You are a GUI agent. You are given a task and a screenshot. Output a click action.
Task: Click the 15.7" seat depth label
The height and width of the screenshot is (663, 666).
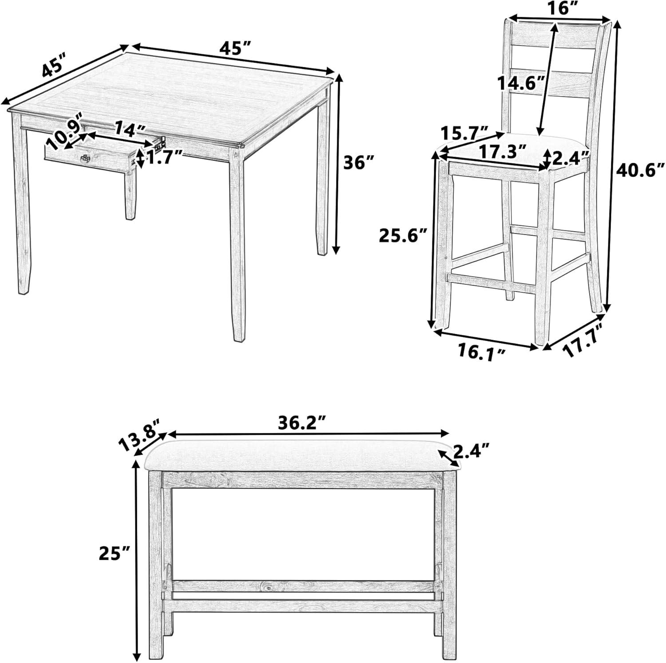click(465, 133)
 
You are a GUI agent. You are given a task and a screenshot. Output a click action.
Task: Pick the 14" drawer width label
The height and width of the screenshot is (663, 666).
click(129, 129)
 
